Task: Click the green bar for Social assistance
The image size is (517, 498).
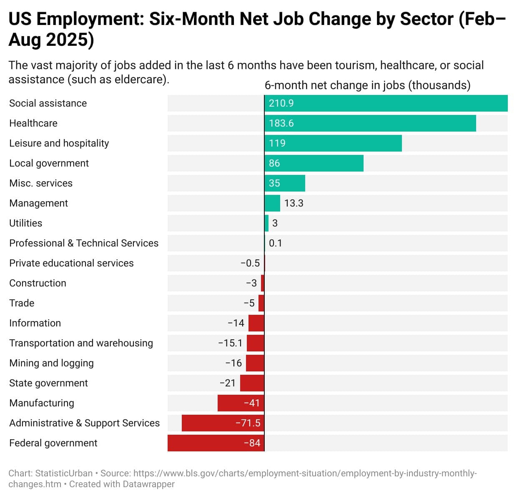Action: click(386, 103)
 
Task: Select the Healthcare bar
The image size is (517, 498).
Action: click(370, 123)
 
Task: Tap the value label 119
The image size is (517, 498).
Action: click(277, 143)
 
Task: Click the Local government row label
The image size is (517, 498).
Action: click(49, 163)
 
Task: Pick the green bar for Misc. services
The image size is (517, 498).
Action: click(285, 183)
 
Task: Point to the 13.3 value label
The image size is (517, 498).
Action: click(294, 203)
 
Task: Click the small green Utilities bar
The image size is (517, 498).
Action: click(266, 223)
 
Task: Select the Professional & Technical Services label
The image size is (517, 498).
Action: click(84, 243)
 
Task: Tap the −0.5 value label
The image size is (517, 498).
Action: click(250, 263)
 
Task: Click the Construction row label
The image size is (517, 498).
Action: click(38, 283)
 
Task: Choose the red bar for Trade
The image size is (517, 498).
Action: click(261, 303)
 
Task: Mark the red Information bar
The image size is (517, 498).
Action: click(256, 323)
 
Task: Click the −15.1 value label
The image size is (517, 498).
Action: click(230, 343)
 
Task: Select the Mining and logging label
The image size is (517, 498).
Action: click(51, 363)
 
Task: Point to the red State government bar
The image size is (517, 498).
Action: click(252, 383)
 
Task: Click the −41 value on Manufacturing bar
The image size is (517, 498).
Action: click(252, 403)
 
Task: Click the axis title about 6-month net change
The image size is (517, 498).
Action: click(367, 85)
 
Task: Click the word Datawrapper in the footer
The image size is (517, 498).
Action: click(149, 484)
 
